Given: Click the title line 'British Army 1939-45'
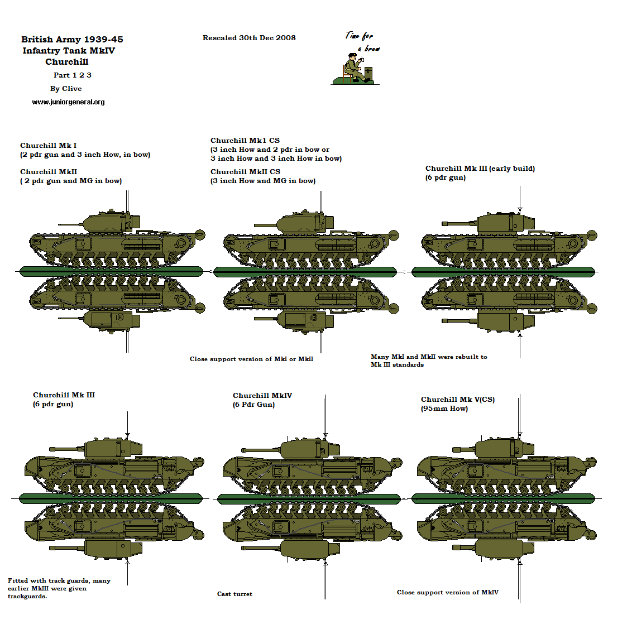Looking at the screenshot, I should [x=72, y=39].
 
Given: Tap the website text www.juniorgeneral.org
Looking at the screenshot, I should [x=68, y=102].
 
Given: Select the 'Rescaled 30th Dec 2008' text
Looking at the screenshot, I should [x=249, y=38].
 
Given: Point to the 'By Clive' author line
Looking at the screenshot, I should [x=66, y=89].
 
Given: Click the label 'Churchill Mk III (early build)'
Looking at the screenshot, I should [x=480, y=169].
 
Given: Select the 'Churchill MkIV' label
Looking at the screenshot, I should [x=262, y=396].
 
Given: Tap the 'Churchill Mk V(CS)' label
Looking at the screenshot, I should [x=457, y=400].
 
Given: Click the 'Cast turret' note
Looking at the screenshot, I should [x=234, y=594].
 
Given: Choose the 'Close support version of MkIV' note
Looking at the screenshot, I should [x=447, y=592].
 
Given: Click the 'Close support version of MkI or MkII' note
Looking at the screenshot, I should [x=251, y=359].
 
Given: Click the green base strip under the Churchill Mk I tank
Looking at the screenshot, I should [x=111, y=271].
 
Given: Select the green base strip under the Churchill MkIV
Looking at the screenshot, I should [x=309, y=498].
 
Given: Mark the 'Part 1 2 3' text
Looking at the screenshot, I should [x=72, y=75].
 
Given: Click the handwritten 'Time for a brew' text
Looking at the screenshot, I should [x=362, y=41].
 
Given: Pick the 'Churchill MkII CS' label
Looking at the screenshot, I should [x=245, y=172].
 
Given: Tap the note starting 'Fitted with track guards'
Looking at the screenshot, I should [x=59, y=588].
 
